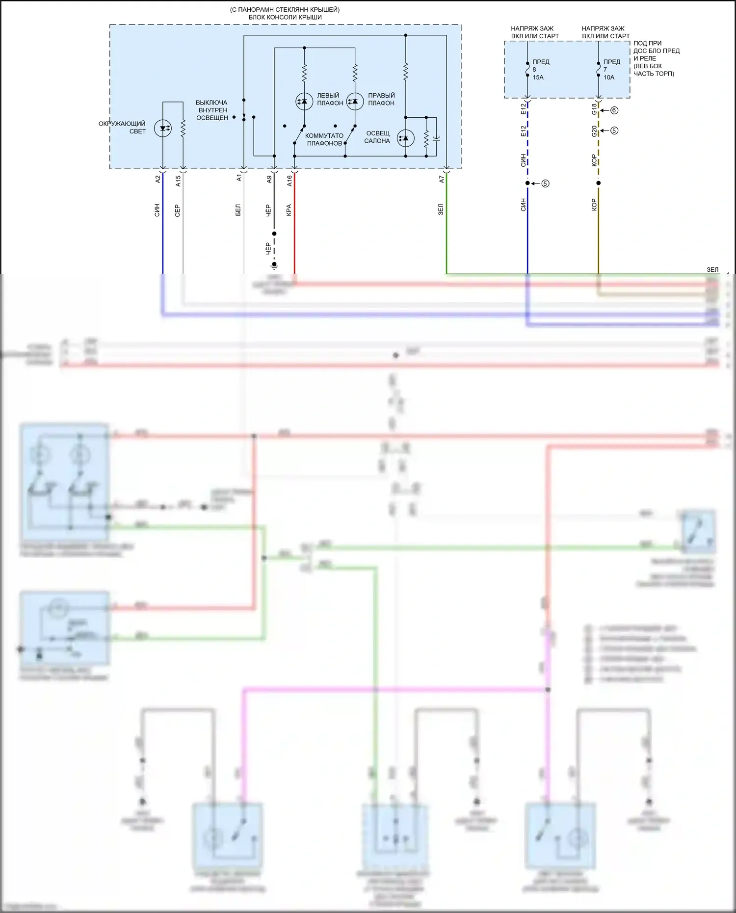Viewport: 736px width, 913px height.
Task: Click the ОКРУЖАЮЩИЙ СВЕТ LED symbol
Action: tap(163, 129)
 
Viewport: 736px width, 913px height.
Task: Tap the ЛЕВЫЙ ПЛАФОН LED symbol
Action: tap(304, 102)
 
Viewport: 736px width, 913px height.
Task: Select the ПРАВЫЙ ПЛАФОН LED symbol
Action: tap(355, 102)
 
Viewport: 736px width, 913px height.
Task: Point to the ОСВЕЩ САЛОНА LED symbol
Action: tap(405, 138)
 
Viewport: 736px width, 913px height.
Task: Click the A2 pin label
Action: tap(158, 180)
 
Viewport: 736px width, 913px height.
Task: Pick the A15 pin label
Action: tap(178, 181)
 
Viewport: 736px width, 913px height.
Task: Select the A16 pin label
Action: tap(289, 181)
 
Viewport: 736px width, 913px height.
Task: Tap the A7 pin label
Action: tap(442, 180)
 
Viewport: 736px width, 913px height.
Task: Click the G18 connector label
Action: tap(594, 109)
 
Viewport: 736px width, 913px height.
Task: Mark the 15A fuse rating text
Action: tap(538, 78)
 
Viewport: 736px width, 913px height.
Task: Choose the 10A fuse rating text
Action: tap(608, 78)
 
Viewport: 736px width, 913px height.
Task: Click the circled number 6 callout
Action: tap(614, 110)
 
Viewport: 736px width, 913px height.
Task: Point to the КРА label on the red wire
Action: tap(289, 210)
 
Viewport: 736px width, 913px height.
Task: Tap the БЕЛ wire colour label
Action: tap(238, 210)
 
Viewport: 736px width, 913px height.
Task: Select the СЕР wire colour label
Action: tap(178, 210)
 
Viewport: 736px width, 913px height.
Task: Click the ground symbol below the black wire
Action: tap(274, 265)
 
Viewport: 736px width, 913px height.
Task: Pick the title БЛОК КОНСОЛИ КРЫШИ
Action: tap(285, 17)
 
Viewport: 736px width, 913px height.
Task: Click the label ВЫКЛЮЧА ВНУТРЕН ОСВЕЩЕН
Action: tap(212, 110)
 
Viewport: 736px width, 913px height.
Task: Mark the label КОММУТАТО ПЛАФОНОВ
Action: tap(324, 139)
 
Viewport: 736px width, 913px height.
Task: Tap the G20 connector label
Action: tap(594, 131)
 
